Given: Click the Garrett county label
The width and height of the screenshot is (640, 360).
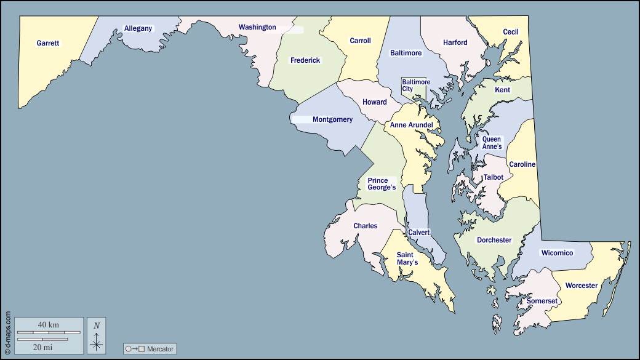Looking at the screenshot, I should coord(48,44).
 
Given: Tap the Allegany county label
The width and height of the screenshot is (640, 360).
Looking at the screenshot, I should coord(138,28).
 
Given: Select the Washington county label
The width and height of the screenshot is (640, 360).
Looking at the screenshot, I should coord(257,27).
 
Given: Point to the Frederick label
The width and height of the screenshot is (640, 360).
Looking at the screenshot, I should coord(305,60).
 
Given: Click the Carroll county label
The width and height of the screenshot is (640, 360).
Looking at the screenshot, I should coord(360,41).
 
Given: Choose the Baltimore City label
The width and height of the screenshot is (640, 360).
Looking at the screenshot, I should coord(416,86).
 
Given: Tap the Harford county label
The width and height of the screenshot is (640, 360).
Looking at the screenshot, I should coord(455,43).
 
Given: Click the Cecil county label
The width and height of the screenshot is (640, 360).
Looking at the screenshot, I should coord(511,32).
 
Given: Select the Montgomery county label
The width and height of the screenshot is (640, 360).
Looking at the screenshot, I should coord(332,119).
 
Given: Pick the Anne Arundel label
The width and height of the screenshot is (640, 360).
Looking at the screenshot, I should coord(412,125).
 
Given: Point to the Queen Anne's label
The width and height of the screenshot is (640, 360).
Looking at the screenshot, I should coord(492,143).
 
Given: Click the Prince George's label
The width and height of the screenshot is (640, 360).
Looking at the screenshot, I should coord(382,184).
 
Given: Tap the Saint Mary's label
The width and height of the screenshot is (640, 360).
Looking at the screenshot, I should coord(407,258).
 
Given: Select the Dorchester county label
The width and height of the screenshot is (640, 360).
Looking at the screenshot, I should coord(494,240).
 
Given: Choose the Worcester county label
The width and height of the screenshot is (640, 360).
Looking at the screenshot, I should coord(582,286).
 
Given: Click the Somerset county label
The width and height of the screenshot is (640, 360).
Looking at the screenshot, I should coord(542,301).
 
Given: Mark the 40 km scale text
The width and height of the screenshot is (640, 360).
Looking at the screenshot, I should coord(48,324).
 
